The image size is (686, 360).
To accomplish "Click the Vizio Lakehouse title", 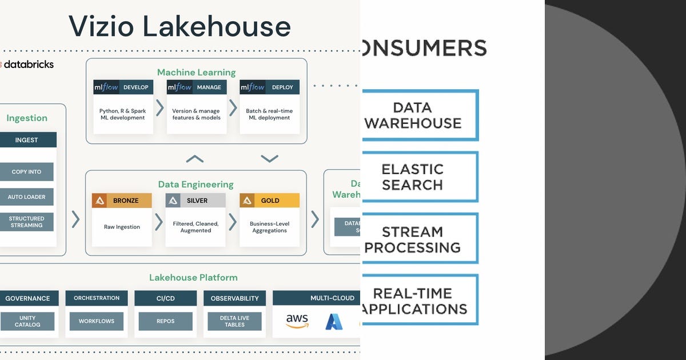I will (180, 27).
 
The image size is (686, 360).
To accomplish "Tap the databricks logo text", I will (28, 64).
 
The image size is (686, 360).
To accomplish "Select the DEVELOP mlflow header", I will (123, 87).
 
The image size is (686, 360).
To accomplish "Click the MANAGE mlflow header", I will (196, 87).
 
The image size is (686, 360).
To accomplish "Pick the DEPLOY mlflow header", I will (269, 87).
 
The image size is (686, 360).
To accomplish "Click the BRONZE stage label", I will (122, 201).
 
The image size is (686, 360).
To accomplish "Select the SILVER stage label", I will (195, 201).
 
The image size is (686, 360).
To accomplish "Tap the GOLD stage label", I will (269, 201).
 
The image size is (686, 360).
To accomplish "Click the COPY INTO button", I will (26, 172).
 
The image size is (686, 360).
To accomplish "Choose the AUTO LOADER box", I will (26, 197).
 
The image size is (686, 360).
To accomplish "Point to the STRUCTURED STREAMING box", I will (26, 222).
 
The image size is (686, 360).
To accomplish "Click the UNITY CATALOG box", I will (27, 321).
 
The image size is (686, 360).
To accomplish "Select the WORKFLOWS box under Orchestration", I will (97, 321).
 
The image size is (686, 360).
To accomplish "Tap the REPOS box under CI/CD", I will (165, 321).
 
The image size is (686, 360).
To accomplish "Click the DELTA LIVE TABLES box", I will (234, 321).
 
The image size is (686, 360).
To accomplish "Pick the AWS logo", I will (297, 321).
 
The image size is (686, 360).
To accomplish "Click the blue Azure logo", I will (334, 321).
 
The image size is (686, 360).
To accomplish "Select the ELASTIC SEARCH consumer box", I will (420, 177).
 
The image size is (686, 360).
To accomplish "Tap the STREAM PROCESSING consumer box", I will (420, 239).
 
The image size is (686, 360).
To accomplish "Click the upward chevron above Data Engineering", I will (194, 158).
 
